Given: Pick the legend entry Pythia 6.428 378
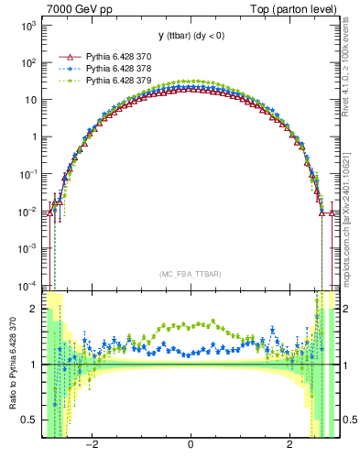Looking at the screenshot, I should [x=119, y=68].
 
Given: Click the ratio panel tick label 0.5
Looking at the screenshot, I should [x=28, y=420].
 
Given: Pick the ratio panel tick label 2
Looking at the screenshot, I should [x=33, y=310].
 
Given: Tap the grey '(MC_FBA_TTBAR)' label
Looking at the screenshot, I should [x=190, y=275].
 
